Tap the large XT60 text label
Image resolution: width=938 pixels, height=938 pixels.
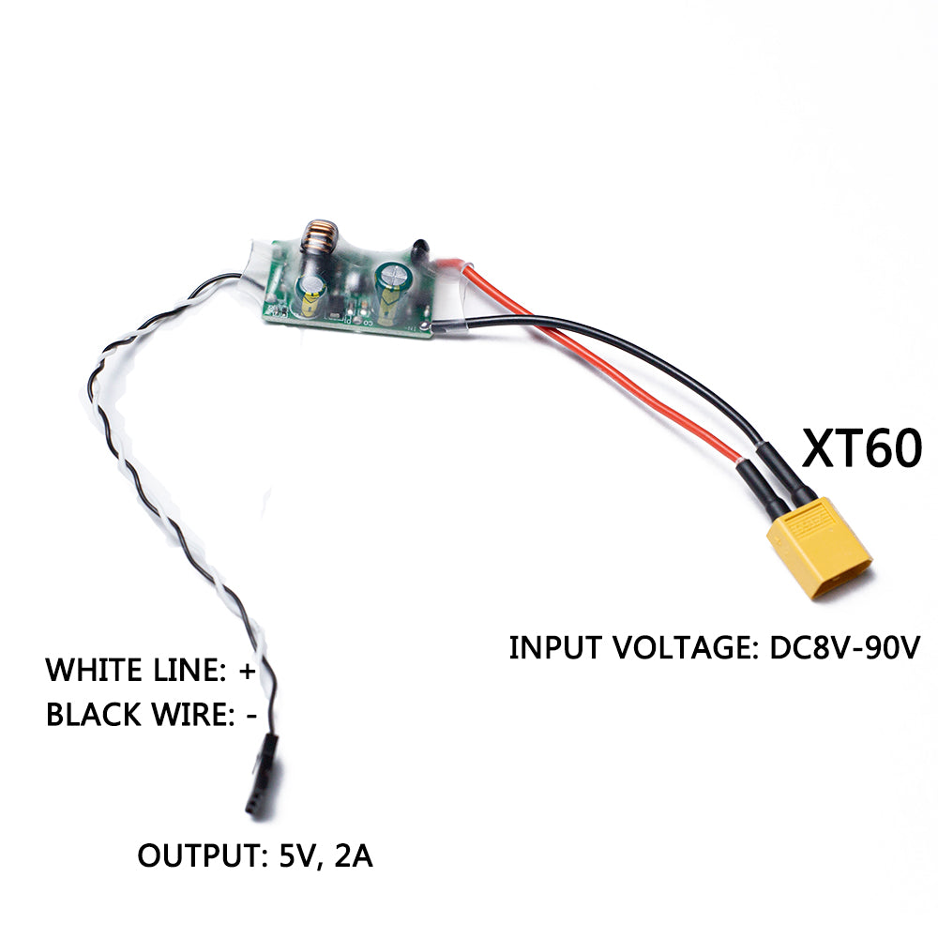861,448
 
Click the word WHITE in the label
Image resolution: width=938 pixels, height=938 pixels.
93,671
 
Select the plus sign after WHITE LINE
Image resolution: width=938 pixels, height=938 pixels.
248,671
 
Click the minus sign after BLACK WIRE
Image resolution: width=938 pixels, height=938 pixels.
250,715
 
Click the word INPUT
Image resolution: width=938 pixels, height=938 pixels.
552,647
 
